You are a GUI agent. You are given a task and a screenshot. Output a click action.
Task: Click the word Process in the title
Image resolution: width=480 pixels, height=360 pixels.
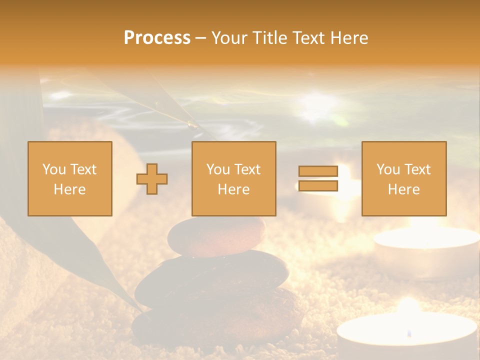[x=157, y=38]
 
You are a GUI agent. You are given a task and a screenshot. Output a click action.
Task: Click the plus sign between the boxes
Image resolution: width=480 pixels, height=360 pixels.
[x=152, y=178]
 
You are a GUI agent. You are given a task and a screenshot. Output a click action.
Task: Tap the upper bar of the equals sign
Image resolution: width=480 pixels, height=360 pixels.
[x=318, y=171]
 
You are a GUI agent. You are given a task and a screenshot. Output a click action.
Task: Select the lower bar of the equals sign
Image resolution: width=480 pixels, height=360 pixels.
[x=318, y=186]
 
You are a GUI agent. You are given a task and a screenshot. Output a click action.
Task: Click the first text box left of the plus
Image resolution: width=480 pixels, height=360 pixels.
[x=70, y=178]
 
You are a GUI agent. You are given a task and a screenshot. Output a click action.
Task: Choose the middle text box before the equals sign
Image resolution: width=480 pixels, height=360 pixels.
[x=233, y=178]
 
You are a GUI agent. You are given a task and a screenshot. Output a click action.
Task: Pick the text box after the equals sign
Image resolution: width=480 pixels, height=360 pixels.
[x=403, y=178]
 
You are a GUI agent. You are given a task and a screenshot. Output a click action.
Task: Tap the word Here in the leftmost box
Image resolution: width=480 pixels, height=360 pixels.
[x=69, y=189]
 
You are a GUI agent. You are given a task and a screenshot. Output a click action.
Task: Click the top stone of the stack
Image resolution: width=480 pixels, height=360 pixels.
[x=216, y=236]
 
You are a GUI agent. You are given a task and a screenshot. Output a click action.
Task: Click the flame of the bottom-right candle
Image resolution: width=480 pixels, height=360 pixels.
[x=409, y=332]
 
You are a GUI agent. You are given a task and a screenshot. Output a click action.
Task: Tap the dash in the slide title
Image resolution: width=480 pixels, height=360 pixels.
[x=201, y=38]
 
